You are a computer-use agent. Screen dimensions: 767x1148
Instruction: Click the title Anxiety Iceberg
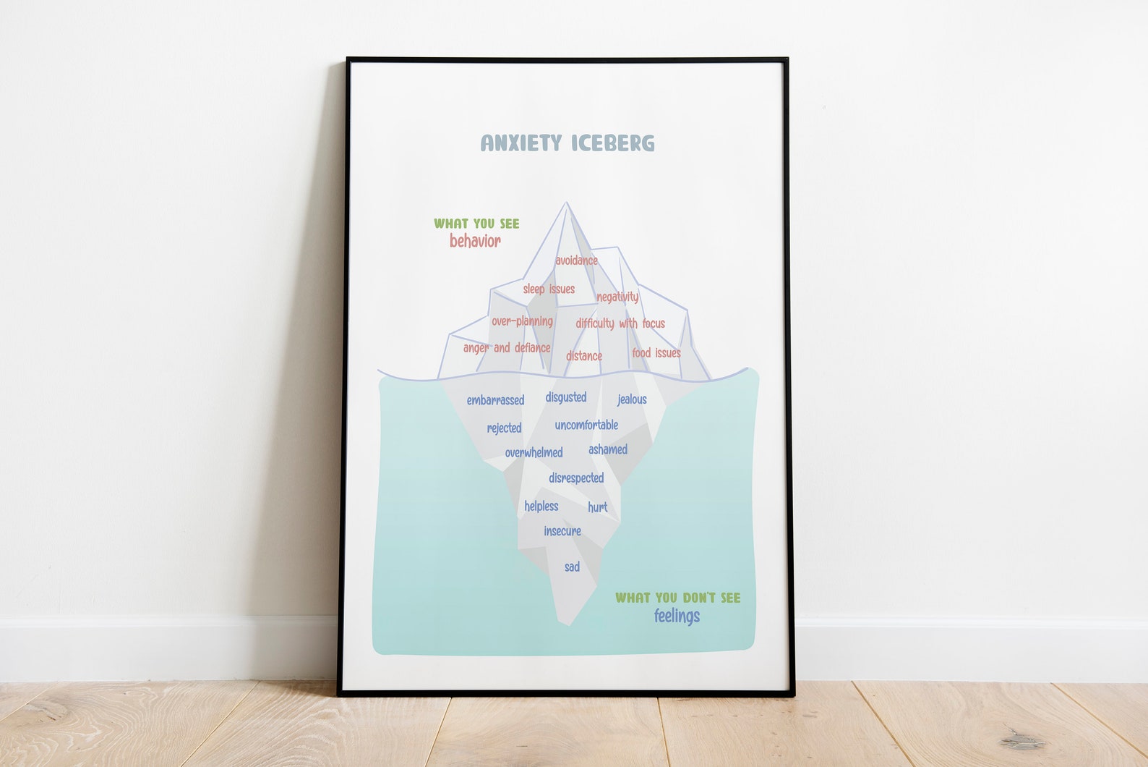point(567,143)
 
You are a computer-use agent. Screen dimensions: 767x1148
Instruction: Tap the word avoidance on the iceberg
point(576,260)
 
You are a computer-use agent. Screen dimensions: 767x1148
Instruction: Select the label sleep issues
point(549,289)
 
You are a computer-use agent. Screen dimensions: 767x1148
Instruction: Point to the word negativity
point(617,297)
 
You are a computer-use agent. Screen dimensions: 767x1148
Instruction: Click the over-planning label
point(522,321)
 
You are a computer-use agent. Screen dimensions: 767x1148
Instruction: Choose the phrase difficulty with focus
point(620,323)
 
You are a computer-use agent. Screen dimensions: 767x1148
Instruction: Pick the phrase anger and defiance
point(507,348)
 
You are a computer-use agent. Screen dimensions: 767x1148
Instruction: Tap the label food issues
point(656,353)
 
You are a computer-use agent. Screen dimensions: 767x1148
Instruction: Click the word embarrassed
point(495,400)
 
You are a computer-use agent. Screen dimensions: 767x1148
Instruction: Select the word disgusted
point(566,397)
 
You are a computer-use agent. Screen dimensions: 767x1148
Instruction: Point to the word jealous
point(632,399)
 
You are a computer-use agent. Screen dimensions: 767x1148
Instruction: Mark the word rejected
point(504,428)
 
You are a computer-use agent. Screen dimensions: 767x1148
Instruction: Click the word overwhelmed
point(534,453)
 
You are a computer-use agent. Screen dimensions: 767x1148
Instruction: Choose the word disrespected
point(576,478)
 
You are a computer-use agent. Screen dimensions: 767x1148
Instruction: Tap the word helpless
point(541,507)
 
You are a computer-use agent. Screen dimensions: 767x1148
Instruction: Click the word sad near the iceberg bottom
point(572,567)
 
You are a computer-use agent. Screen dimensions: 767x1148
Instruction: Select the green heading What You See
point(476,224)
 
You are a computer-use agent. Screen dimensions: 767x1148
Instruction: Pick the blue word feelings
point(677,616)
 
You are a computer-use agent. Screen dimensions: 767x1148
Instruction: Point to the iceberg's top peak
point(567,205)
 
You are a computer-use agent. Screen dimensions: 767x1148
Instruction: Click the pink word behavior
point(475,241)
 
